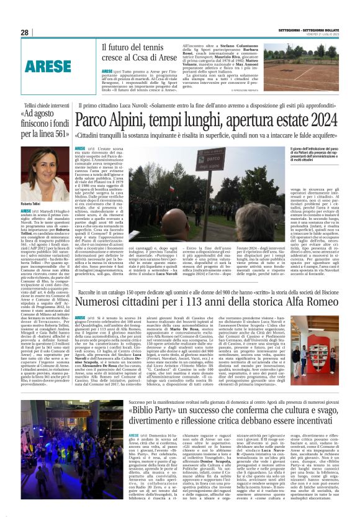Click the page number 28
click(24, 32)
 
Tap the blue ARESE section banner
click(48, 66)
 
